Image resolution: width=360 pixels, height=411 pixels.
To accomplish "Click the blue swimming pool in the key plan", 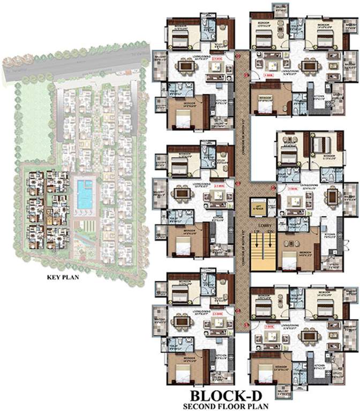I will pyautogui.click(x=85, y=194).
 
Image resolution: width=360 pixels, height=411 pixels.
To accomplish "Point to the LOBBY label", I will pyautogui.click(x=263, y=226).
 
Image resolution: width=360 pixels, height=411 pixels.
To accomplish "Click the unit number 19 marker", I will pyautogui.click(x=247, y=75).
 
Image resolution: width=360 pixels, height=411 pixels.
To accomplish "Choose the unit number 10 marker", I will pyautogui.click(x=273, y=188).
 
